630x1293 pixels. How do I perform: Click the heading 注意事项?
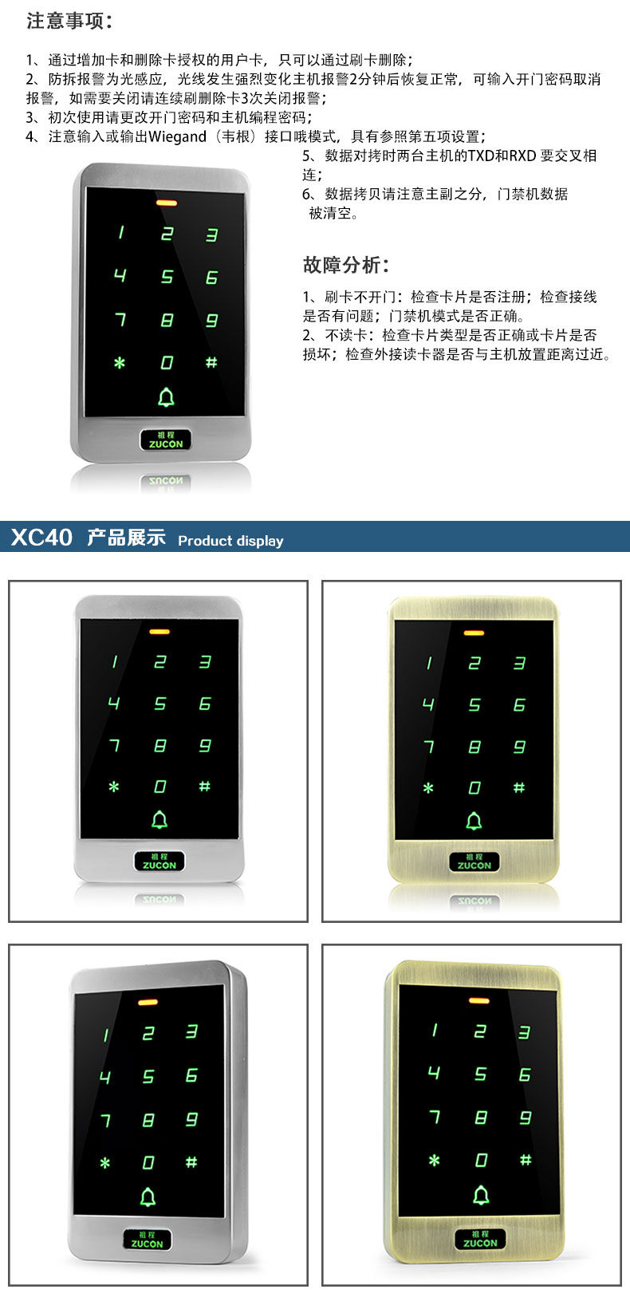(x=69, y=21)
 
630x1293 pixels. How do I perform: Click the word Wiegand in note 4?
(x=177, y=137)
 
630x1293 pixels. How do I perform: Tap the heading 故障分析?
(x=345, y=265)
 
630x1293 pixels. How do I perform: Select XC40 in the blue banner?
(x=41, y=538)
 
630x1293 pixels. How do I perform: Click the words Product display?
(x=230, y=541)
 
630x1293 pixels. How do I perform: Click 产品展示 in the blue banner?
(x=126, y=538)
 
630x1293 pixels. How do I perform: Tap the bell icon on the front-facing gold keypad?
(x=474, y=821)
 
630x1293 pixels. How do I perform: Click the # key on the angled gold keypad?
(x=525, y=1159)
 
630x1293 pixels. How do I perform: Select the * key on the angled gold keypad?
(x=435, y=1160)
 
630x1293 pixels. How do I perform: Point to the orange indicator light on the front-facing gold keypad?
(x=474, y=633)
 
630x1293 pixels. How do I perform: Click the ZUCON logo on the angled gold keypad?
(x=480, y=1239)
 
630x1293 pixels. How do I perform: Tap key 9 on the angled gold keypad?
(x=526, y=1118)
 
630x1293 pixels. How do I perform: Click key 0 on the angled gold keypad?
(x=481, y=1160)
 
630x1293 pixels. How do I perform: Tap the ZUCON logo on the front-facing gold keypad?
(x=474, y=861)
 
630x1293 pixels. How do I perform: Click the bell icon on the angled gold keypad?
(x=481, y=1196)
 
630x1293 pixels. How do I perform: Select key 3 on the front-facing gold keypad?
(x=519, y=663)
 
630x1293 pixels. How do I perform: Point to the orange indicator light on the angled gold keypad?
(x=478, y=1000)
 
